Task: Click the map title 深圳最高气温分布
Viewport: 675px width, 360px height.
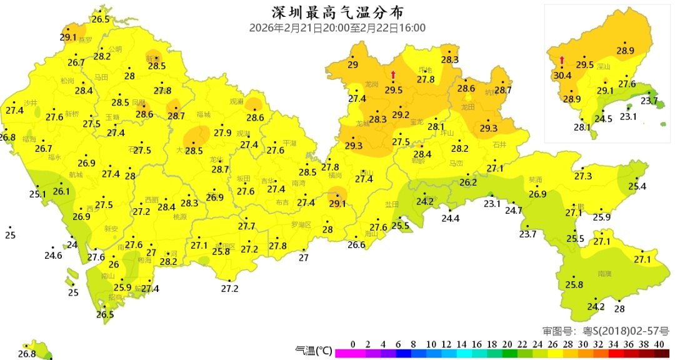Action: tap(337, 12)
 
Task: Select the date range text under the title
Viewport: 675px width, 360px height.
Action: tap(337, 27)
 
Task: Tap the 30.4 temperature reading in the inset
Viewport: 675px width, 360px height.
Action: tap(562, 76)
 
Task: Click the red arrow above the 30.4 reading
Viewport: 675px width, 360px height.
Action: tap(562, 61)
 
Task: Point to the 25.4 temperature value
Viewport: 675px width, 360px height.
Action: tap(637, 186)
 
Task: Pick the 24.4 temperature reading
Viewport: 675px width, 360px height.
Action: tap(450, 218)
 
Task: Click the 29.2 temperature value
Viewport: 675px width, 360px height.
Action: tap(401, 115)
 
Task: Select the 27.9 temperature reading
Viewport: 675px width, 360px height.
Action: tap(222, 132)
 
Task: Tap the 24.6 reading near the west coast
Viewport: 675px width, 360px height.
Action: tap(53, 255)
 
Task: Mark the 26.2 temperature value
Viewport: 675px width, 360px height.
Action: tap(468, 182)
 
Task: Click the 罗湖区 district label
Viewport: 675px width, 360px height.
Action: tap(301, 224)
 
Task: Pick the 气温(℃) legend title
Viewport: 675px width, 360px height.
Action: tap(313, 351)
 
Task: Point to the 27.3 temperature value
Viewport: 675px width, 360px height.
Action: tap(582, 177)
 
